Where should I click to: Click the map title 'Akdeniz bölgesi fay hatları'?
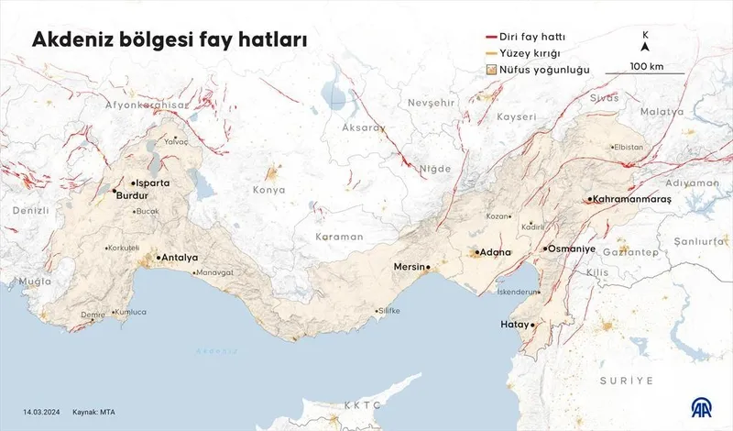(170, 41)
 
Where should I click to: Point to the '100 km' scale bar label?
(646, 66)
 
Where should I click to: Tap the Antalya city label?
(180, 258)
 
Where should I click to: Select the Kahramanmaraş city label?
(632, 199)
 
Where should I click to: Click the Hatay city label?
(515, 325)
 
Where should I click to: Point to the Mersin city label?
(410, 267)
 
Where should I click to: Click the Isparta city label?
(153, 183)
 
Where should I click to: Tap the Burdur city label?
(133, 195)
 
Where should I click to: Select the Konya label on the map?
(269, 190)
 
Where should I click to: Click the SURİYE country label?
(626, 380)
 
